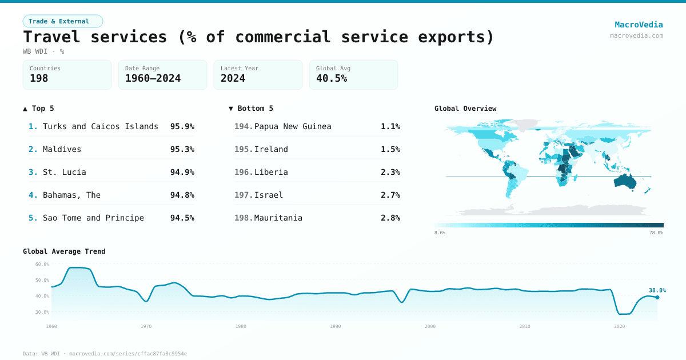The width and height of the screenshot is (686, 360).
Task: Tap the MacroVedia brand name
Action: [x=639, y=25]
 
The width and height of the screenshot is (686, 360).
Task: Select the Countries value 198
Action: [x=39, y=78]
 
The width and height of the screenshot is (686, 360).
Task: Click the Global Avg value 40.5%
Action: [x=332, y=78]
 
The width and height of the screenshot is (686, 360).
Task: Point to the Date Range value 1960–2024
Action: [x=153, y=78]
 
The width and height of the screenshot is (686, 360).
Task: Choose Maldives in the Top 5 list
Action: [x=62, y=149]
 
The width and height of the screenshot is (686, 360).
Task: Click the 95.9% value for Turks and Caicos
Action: [x=182, y=126]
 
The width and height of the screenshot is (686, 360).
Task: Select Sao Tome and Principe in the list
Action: [x=93, y=218]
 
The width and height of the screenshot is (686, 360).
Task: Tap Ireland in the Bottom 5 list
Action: [x=271, y=149]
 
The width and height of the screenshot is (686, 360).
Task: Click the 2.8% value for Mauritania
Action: [x=390, y=218]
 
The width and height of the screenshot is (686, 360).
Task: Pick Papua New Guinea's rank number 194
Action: [x=244, y=126]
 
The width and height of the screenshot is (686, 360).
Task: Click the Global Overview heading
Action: [x=465, y=109]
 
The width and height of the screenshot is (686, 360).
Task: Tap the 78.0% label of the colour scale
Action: [x=656, y=233]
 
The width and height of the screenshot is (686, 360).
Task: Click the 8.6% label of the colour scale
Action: [x=440, y=233]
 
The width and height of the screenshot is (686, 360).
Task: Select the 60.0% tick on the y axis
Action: [x=42, y=264]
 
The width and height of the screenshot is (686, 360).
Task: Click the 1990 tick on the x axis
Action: [x=335, y=326]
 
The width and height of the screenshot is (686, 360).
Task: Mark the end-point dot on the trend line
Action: [x=657, y=297]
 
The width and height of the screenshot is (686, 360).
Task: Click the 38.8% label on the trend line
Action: [x=657, y=290]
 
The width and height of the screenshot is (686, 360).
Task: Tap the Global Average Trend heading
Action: [x=64, y=251]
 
